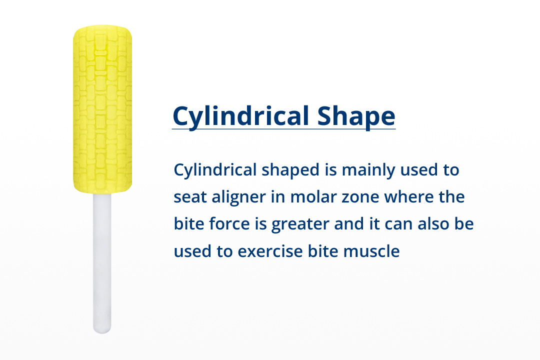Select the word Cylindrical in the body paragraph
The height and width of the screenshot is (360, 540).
tap(215, 170)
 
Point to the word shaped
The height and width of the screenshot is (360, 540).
tap(290, 170)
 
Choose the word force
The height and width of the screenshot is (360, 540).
tap(229, 224)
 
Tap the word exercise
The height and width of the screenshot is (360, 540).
tap(270, 251)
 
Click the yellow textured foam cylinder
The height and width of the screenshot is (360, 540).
tap(102, 109)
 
